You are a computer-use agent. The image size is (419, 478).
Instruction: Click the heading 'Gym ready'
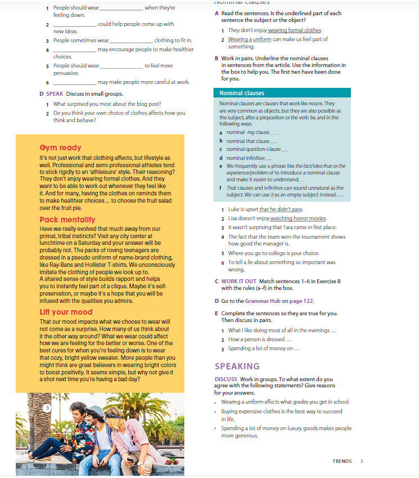[x=60, y=148]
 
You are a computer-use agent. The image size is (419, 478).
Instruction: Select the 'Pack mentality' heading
[x=67, y=220]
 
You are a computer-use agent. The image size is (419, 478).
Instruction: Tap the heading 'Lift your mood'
[x=66, y=312]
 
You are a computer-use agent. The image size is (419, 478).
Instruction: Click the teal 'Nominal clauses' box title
[x=241, y=93]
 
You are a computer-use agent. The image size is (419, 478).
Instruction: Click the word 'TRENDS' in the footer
[x=342, y=461]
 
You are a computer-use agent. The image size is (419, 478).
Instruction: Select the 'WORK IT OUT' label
[x=238, y=281]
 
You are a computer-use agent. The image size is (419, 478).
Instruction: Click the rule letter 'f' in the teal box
[x=220, y=188]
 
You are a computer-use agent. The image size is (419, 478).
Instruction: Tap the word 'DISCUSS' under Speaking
[x=227, y=379]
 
